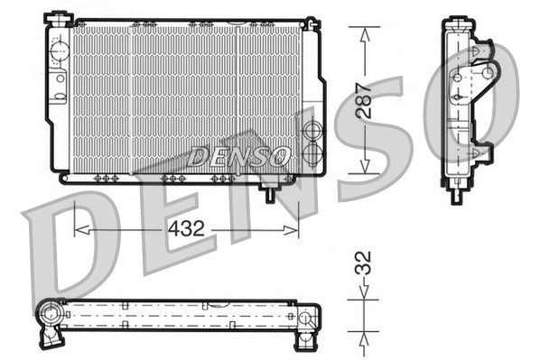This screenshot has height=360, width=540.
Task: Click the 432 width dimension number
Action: [x=186, y=229]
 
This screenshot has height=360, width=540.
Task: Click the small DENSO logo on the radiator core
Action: [x=239, y=155]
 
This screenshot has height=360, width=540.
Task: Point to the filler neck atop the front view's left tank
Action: [x=60, y=18]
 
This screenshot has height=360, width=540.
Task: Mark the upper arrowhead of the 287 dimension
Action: [x=364, y=32]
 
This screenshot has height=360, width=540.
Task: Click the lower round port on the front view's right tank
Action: [x=312, y=153]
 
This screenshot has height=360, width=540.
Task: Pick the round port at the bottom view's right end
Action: [x=308, y=318]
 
